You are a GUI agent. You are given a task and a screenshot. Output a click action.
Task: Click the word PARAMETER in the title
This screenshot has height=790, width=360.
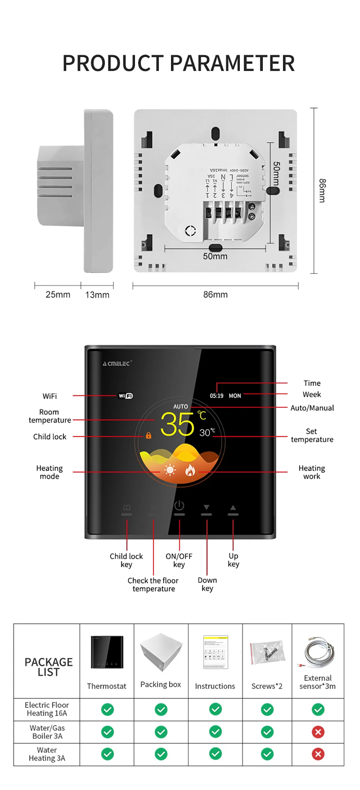click(232, 63)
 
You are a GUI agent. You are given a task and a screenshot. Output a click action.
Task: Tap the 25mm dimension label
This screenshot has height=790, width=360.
click(58, 295)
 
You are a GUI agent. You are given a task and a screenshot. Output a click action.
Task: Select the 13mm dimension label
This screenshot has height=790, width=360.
click(97, 295)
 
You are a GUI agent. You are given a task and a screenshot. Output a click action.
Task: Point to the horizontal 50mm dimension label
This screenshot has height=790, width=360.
click(215, 256)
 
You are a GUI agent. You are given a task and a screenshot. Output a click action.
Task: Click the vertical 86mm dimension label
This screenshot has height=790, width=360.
click(322, 190)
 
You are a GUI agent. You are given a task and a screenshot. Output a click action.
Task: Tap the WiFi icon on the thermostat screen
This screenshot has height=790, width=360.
click(126, 396)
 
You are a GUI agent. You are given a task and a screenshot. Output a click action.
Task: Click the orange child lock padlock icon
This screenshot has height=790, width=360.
click(148, 435)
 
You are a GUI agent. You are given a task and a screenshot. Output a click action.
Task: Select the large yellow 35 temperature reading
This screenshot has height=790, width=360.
click(177, 425)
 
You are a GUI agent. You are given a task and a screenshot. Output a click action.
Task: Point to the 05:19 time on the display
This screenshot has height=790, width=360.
click(216, 396)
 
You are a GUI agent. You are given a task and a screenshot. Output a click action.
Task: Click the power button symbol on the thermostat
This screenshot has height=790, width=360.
click(179, 506)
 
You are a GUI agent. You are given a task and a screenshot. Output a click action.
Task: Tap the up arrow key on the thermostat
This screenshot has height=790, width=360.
click(233, 507)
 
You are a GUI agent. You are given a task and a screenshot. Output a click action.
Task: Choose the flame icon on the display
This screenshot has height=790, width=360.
click(190, 470)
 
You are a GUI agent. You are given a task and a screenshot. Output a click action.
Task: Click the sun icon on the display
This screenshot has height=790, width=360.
click(170, 470)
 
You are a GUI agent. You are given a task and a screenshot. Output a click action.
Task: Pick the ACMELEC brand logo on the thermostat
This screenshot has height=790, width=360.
click(117, 364)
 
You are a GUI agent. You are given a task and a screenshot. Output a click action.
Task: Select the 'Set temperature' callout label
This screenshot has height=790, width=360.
click(312, 435)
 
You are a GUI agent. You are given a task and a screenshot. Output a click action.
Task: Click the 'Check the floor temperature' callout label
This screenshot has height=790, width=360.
click(153, 585)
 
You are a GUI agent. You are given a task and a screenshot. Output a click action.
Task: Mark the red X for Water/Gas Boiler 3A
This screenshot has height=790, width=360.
click(318, 732)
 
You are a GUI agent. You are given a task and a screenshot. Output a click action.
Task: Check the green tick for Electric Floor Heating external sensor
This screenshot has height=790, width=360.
click(318, 709)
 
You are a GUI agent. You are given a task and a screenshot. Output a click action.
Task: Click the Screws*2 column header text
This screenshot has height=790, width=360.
click(267, 686)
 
